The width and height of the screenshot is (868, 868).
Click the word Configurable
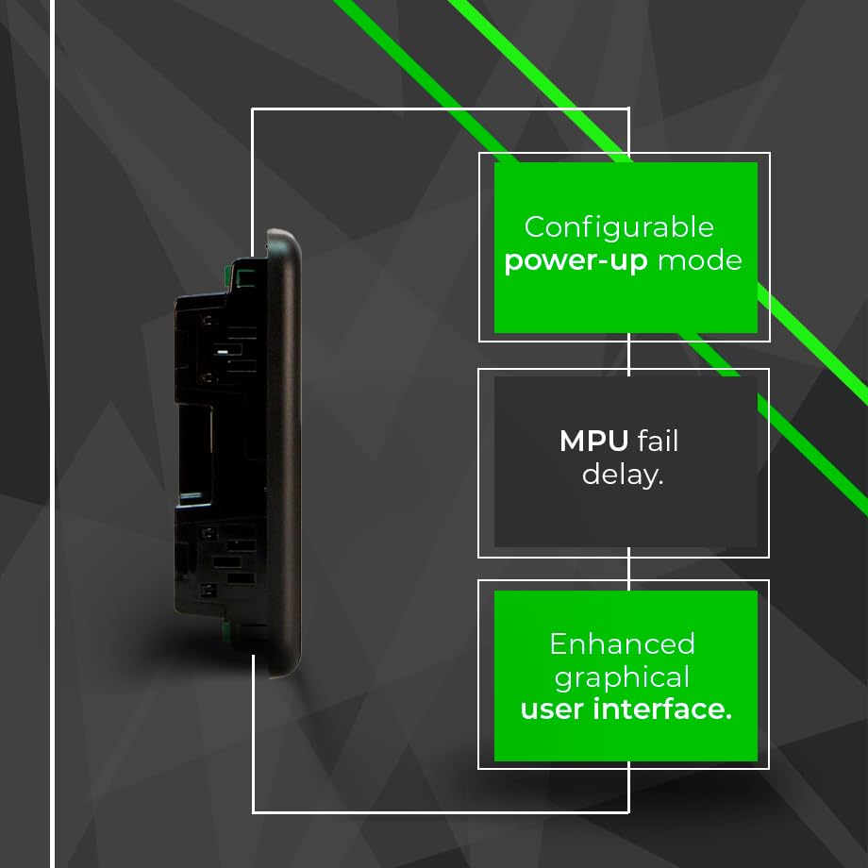coord(619,227)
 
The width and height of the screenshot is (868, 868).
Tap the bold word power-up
coord(576,261)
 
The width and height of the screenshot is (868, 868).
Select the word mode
coord(699,260)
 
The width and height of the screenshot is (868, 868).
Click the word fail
coord(658,441)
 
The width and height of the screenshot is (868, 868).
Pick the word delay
coord(623,474)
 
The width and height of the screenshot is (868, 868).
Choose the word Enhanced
coord(622,644)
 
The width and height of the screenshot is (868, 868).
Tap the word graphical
coord(622,678)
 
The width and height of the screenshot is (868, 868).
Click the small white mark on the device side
coord(222,350)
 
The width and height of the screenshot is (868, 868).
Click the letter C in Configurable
coord(535,227)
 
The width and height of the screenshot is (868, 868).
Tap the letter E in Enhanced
coord(558,644)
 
